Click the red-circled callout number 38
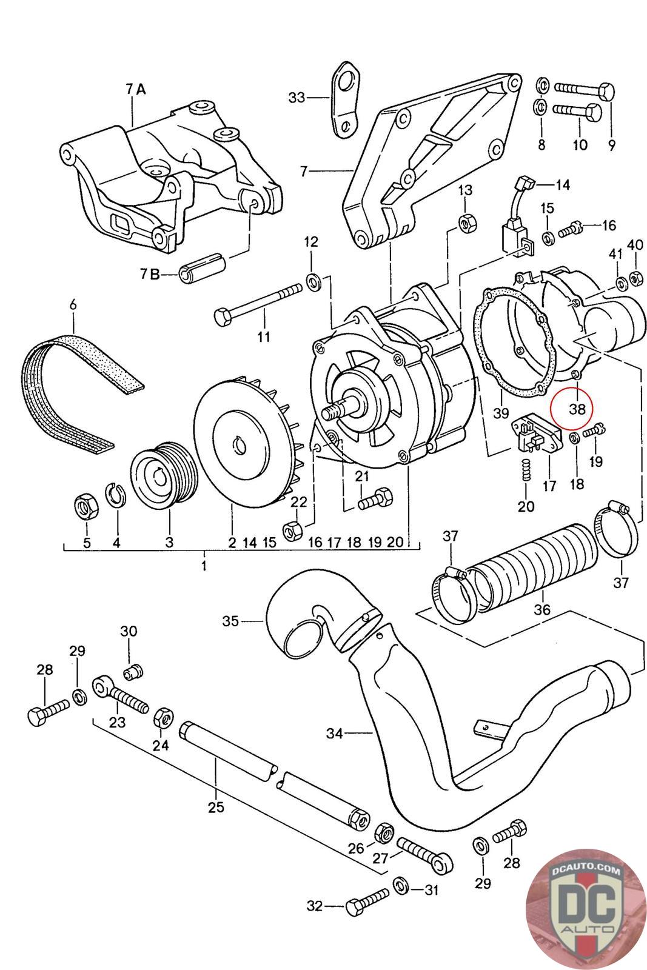point(577,409)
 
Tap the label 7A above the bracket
point(136,89)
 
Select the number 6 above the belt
point(73,304)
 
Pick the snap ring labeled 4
point(116,493)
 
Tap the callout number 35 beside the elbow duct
point(230,621)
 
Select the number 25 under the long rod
point(216,807)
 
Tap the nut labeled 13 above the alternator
point(467,222)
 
